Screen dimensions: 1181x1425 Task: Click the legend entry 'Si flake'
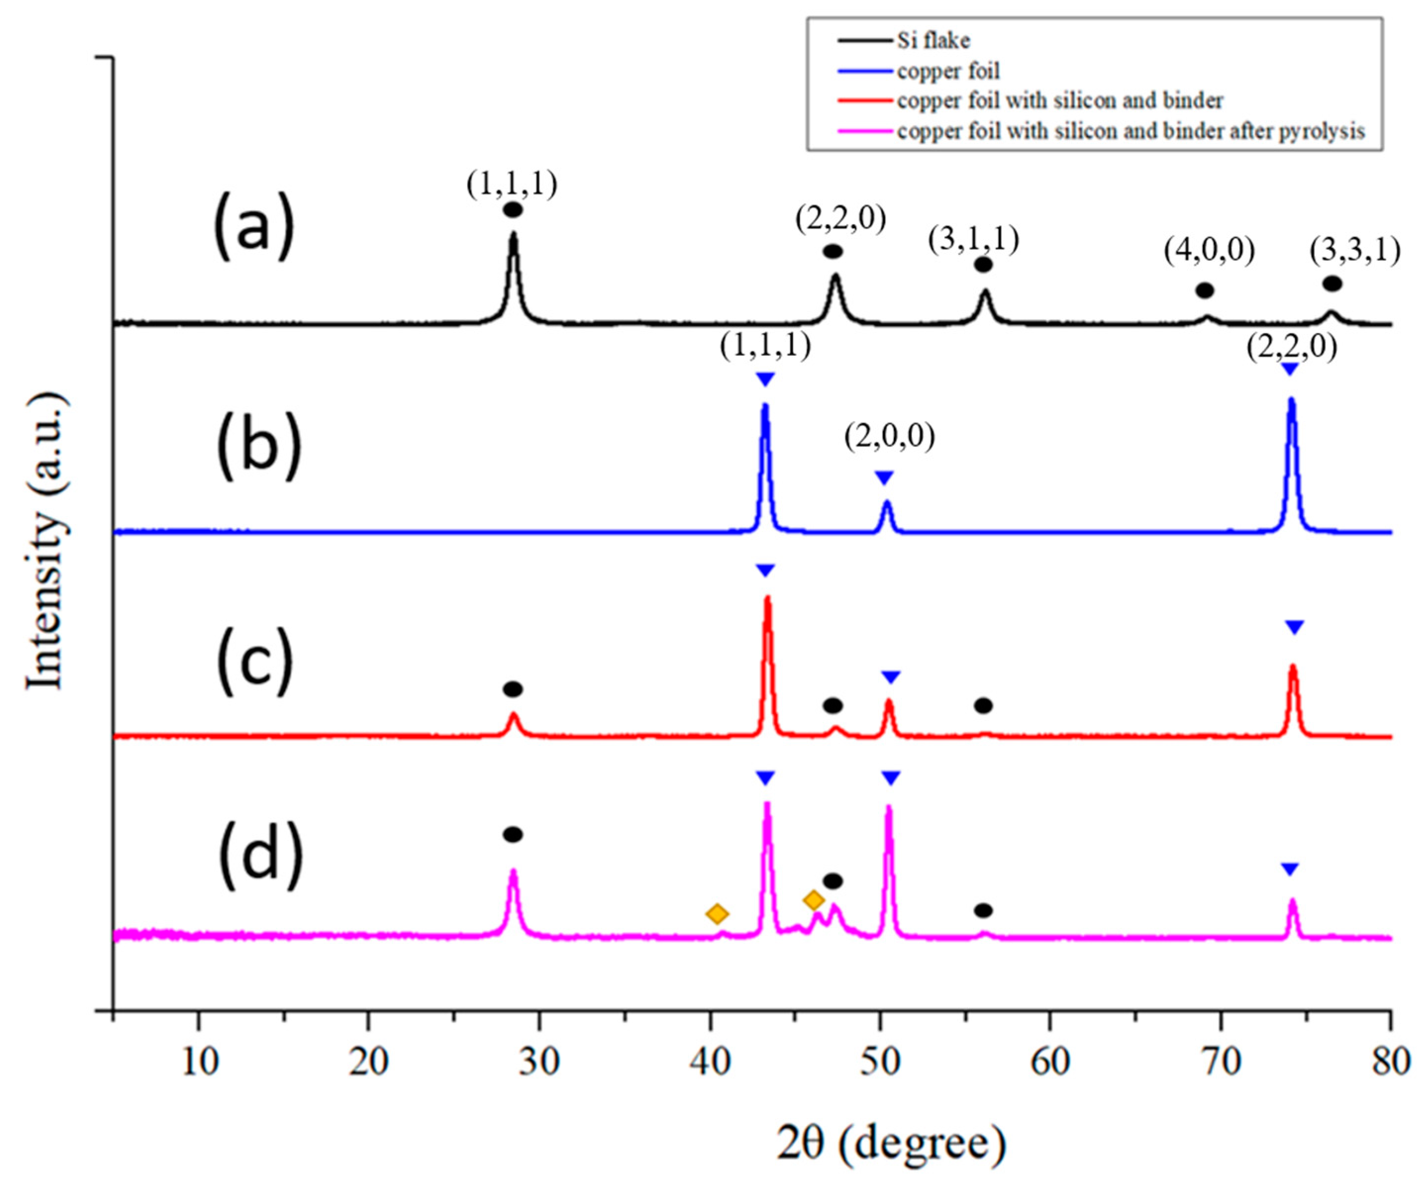[x=933, y=41]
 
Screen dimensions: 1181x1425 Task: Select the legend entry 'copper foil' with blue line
[x=948, y=71]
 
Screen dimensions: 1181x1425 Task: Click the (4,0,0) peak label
[x=1209, y=251]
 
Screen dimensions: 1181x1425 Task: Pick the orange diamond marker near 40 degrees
[x=717, y=914]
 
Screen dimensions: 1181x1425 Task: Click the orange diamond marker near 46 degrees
[x=814, y=900]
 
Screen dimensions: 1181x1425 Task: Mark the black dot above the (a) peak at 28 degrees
[x=513, y=210]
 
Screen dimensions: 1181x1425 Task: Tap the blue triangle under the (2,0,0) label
[x=884, y=478]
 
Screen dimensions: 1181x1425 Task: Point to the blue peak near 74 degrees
[x=1291, y=404]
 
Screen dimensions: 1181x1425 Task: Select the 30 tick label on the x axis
[x=540, y=1062]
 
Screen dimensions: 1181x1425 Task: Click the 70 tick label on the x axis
[x=1222, y=1062]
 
